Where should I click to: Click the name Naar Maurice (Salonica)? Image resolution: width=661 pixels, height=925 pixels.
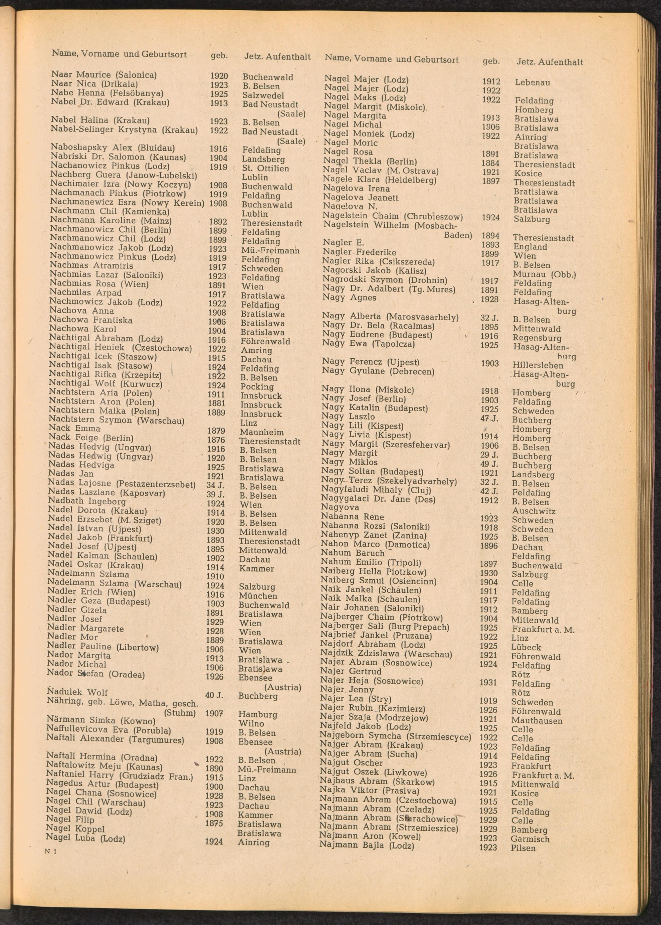point(104,75)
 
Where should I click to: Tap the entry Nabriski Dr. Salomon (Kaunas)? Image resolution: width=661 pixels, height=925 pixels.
point(118,157)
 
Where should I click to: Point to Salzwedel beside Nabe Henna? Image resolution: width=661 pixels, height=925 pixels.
point(263,95)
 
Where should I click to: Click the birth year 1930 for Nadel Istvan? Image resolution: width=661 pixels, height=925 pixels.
point(215,531)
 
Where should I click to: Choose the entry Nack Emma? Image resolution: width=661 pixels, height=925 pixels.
point(74,428)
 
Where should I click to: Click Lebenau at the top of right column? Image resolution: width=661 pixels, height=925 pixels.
point(532,83)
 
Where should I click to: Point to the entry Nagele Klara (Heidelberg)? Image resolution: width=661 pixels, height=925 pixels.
point(379,180)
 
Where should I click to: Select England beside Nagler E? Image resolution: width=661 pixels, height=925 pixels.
point(530,247)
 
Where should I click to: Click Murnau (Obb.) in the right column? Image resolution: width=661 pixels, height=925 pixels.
point(544,274)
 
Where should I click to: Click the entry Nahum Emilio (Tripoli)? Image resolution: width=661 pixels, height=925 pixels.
point(371,562)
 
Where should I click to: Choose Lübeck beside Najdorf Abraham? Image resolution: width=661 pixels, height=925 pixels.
point(526,647)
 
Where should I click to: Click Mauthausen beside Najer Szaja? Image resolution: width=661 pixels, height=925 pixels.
point(537,721)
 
